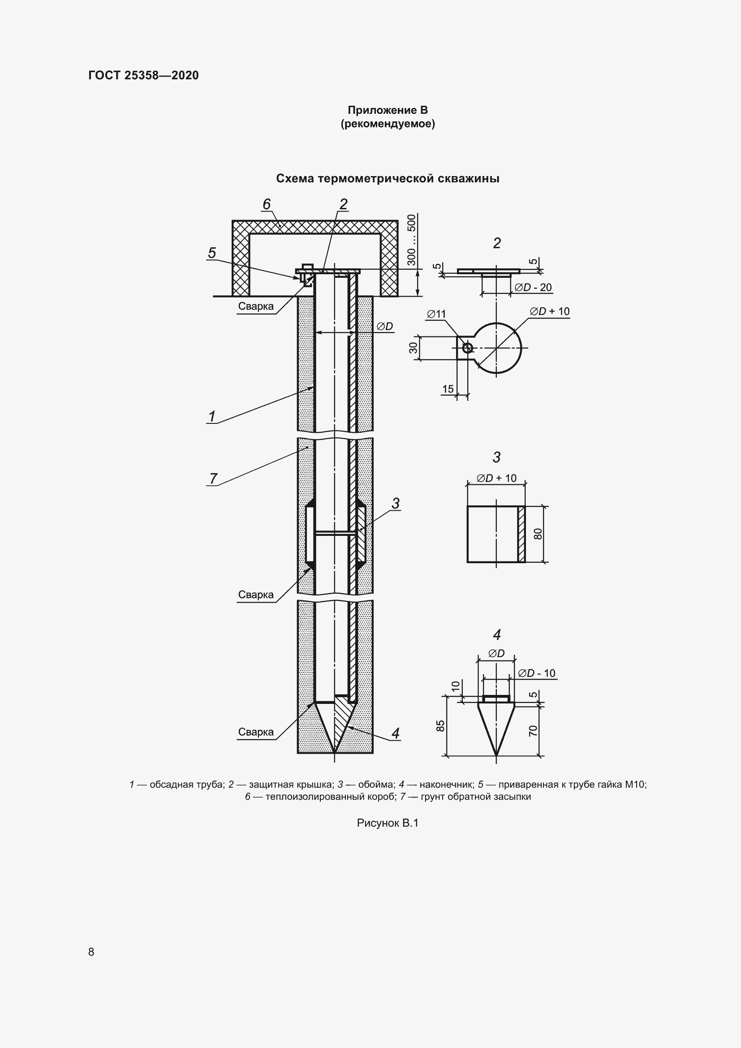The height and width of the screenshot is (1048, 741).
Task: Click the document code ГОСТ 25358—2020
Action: pyautogui.click(x=143, y=75)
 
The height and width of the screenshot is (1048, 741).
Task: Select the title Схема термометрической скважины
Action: pyautogui.click(x=388, y=178)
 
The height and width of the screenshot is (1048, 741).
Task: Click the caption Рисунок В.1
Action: pyautogui.click(x=388, y=823)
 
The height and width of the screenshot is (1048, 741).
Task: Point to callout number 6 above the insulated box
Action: pyautogui.click(x=267, y=204)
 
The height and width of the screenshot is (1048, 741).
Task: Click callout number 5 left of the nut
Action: pyautogui.click(x=212, y=253)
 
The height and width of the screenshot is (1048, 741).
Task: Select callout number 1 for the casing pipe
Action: pyautogui.click(x=212, y=416)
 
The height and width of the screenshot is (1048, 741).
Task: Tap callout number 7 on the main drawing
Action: pyautogui.click(x=213, y=479)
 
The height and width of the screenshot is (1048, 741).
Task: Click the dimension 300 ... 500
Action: pyautogui.click(x=412, y=240)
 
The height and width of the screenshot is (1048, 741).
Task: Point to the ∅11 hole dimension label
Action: pyautogui.click(x=436, y=314)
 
